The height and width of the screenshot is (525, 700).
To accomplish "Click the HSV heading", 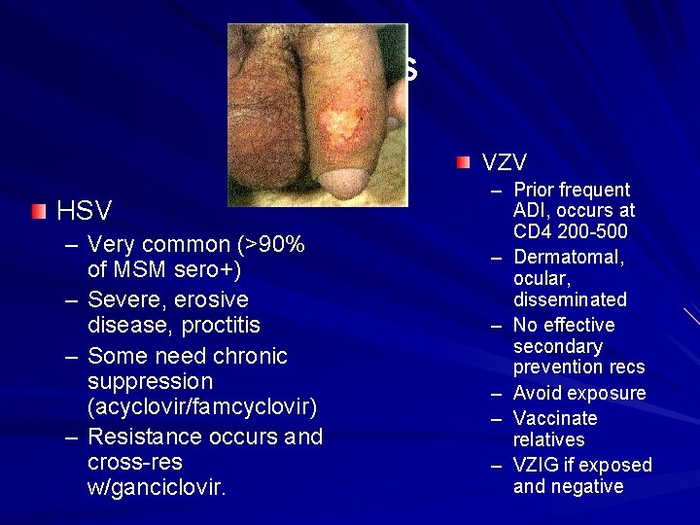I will pos(85,211).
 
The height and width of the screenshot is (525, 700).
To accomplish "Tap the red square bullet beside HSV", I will pos(37,210).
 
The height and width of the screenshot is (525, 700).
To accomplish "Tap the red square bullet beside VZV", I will pos(464,159).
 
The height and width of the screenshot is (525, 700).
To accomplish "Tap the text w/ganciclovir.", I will pos(157,486).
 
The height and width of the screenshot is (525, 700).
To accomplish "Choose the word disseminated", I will pos(570,299).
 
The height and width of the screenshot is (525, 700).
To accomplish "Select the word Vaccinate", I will pos(555,418).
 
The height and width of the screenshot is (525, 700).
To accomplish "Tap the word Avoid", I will pos(536,393).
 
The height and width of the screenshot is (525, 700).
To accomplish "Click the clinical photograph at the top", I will pos(318,115).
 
